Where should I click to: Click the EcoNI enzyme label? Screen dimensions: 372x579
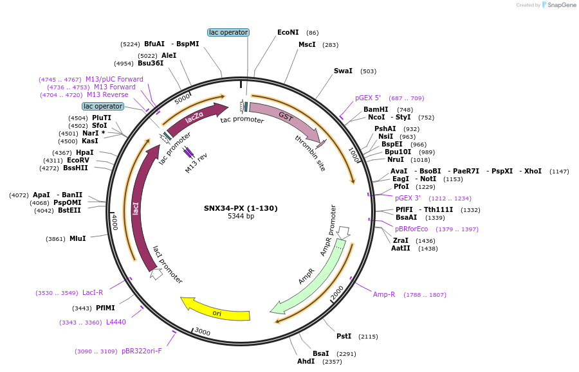point(288,32)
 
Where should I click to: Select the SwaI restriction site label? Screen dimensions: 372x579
point(343,71)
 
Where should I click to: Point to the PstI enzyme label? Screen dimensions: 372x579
point(344,336)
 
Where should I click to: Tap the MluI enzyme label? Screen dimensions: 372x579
point(77,238)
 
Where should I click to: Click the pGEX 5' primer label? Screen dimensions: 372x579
point(368,98)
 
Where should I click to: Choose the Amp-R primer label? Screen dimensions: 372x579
point(384,294)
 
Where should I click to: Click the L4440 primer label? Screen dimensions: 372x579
point(116,322)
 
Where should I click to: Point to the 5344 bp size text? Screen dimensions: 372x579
point(241,217)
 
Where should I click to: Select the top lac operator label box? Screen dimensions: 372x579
point(228,32)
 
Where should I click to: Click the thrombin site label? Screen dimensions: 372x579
point(310,153)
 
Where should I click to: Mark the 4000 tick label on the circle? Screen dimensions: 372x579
point(115,222)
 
